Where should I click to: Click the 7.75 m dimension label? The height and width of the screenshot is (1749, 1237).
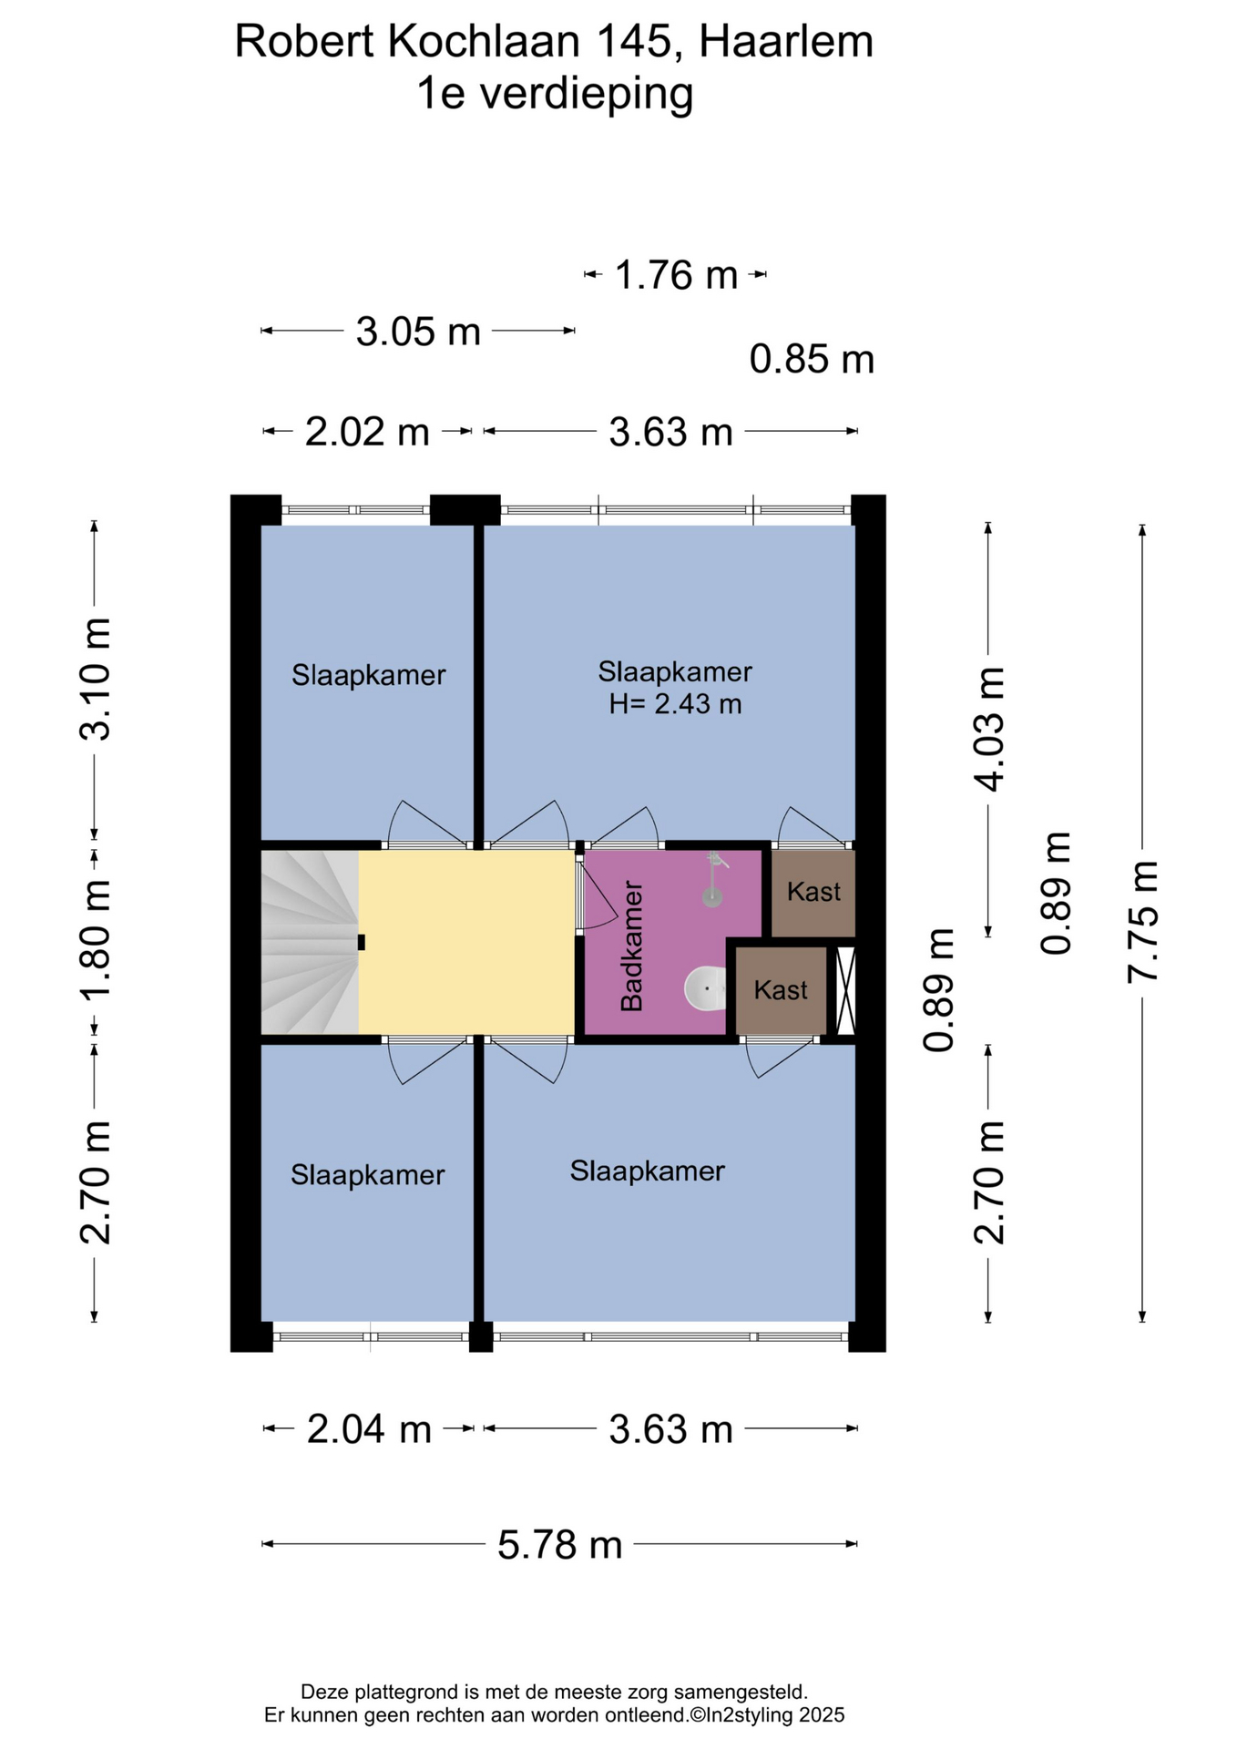pyautogui.click(x=1142, y=921)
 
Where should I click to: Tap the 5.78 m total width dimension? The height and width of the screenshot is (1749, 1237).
pyautogui.click(x=559, y=1544)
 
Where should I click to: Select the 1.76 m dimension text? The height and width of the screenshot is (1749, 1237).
pyautogui.click(x=676, y=275)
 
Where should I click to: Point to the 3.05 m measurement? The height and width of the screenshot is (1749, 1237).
pyautogui.click(x=418, y=332)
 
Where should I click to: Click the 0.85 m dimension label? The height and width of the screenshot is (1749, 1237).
pyautogui.click(x=812, y=360)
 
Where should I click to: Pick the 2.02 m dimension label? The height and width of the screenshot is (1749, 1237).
pyautogui.click(x=367, y=432)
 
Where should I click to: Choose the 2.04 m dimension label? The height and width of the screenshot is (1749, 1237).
pyautogui.click(x=369, y=1429)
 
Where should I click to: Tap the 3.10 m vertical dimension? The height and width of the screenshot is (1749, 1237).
pyautogui.click(x=95, y=679)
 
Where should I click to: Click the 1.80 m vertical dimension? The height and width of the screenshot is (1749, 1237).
pyautogui.click(x=95, y=939)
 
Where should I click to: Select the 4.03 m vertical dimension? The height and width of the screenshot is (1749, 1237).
pyautogui.click(x=989, y=729)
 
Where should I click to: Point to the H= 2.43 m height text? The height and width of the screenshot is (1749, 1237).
pyautogui.click(x=675, y=704)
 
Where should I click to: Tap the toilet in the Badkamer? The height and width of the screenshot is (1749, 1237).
pyautogui.click(x=705, y=988)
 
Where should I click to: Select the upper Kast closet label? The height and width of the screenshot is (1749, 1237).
pyautogui.click(x=813, y=891)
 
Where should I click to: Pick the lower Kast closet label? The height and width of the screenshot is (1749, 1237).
pyautogui.click(x=781, y=990)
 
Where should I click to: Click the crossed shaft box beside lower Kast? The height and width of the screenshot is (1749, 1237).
pyautogui.click(x=845, y=990)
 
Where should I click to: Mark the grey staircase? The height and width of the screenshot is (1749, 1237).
pyautogui.click(x=310, y=942)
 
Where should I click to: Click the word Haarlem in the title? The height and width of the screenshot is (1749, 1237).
pyautogui.click(x=786, y=42)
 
